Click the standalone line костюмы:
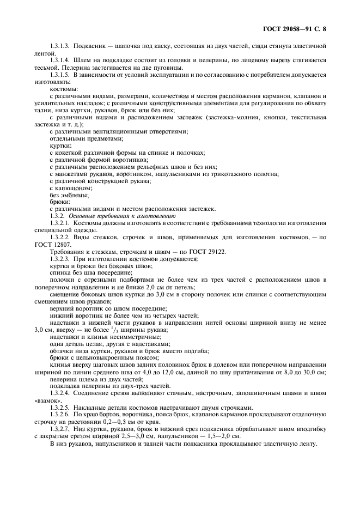[64, 88]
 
